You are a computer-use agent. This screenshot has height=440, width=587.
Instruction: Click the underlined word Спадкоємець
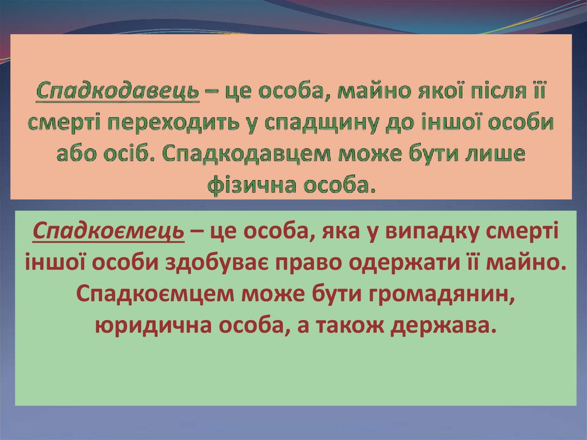pyautogui.click(x=108, y=231)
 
